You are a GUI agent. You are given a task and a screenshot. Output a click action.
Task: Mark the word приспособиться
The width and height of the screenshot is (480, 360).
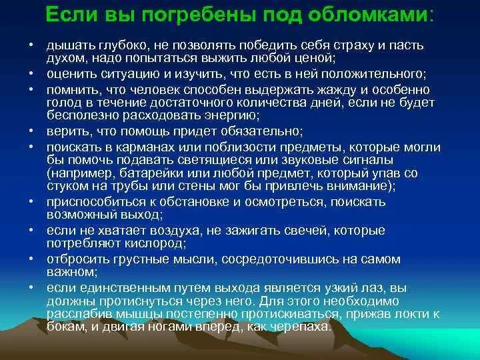pos(87,201)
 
